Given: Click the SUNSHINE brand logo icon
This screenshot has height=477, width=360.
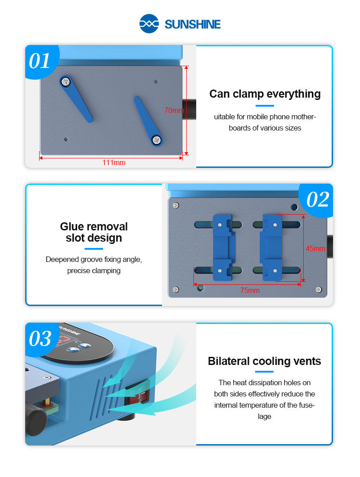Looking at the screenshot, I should pos(149,23).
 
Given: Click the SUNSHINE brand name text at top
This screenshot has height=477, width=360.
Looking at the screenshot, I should pos(193,24).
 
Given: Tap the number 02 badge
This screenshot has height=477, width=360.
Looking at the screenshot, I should pos(318,200).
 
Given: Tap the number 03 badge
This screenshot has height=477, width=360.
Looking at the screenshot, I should pos(40,339).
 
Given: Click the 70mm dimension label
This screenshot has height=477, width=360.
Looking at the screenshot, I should pos(174,110).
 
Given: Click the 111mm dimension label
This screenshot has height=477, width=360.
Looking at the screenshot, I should pos(114,162).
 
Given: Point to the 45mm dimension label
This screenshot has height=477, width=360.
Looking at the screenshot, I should pos(315,248).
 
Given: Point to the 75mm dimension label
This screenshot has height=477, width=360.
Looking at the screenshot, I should pos(250,290).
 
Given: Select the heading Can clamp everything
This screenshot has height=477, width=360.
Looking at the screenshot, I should pos(265,94).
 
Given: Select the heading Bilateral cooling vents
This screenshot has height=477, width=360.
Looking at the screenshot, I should pos(264,361).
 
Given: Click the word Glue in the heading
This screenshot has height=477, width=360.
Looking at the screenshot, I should pos(72,226).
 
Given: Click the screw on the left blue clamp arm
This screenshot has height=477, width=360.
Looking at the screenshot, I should pos(66,81).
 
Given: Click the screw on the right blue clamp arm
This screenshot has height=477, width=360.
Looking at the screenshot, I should pos(156,140).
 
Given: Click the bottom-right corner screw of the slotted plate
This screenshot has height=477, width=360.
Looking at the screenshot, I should pos(318,289).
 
